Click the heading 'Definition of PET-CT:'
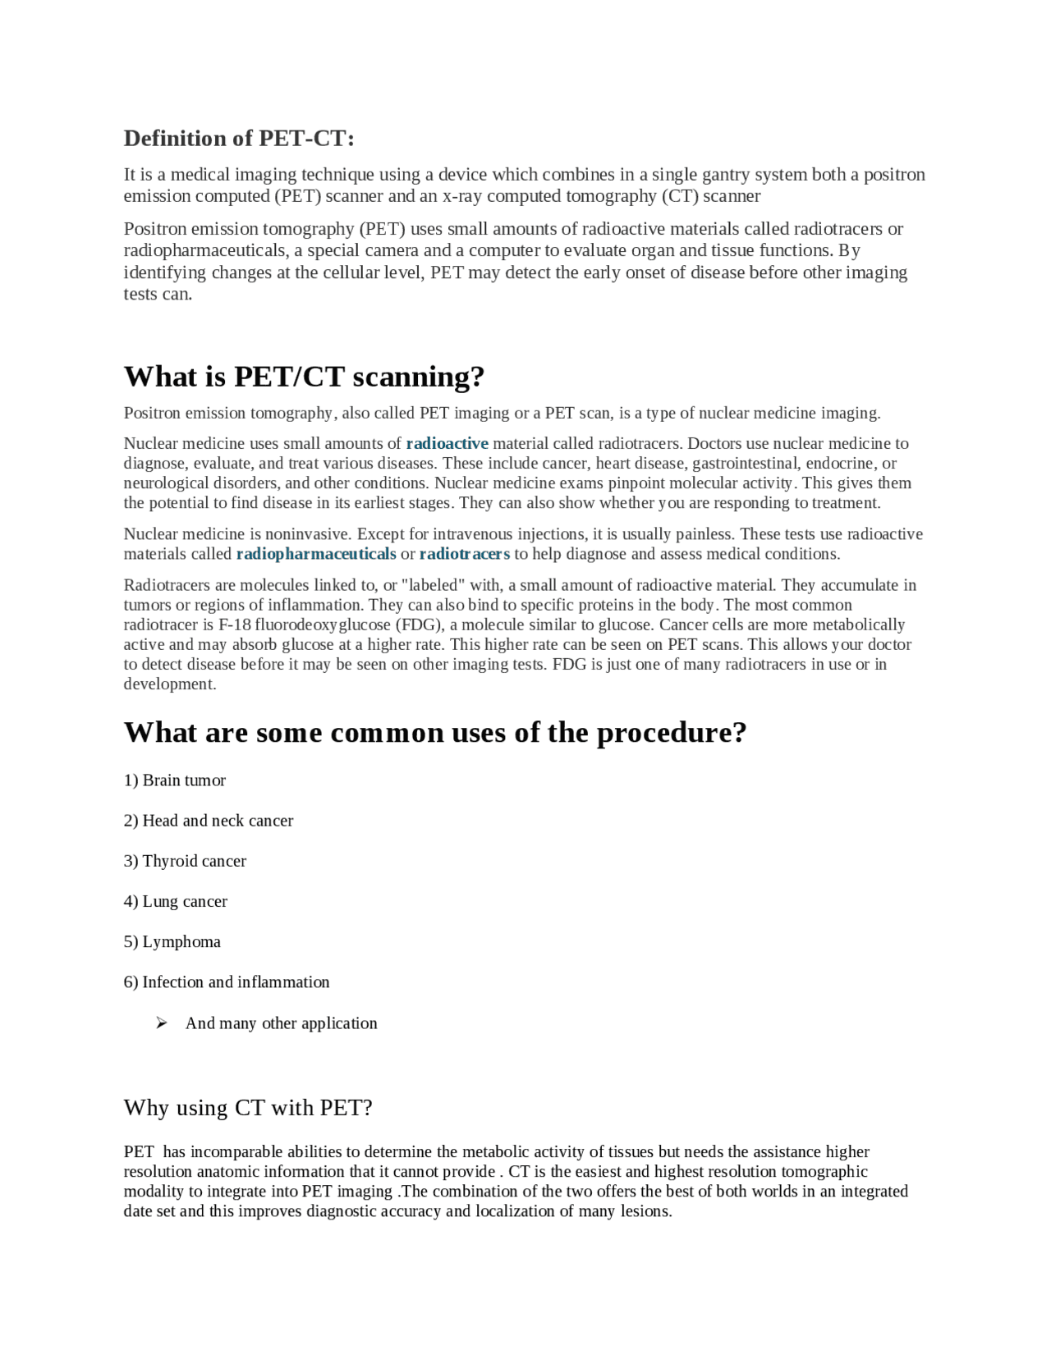tap(239, 138)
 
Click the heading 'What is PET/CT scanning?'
tap(304, 377)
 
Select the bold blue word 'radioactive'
tap(447, 444)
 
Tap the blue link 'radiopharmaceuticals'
tap(316, 554)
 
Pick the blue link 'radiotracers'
tap(464, 554)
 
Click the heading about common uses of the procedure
tap(435, 732)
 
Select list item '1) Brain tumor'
tap(175, 780)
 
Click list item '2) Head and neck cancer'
tap(209, 821)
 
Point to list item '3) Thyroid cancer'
tap(185, 861)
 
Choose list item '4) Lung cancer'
tap(176, 901)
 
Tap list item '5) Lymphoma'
tap(172, 941)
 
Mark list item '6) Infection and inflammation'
tap(227, 982)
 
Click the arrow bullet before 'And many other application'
tap(162, 1023)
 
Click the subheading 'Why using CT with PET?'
tap(248, 1108)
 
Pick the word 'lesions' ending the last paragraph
tap(644, 1211)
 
